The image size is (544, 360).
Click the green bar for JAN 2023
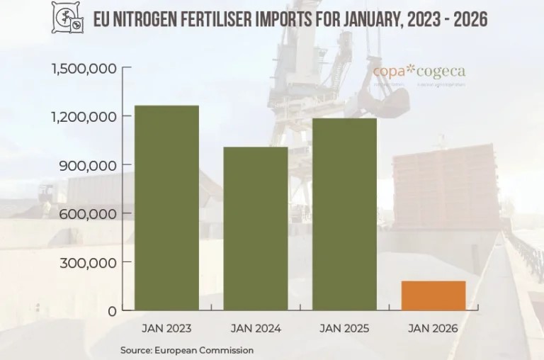166,208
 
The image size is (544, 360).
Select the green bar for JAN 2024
256,228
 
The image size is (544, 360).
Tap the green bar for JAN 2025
344,214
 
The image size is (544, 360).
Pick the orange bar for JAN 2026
433,296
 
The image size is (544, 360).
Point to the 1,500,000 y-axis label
84,68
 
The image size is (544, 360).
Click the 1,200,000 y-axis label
84,116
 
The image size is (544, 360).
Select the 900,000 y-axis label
90,165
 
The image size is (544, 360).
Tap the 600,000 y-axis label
90,213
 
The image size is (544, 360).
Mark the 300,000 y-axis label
90,262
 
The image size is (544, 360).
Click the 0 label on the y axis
111,311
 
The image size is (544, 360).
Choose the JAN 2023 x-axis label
166,329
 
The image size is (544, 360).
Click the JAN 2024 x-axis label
256,329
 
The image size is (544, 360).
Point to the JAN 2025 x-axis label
344,329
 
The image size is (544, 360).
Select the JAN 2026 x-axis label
433,329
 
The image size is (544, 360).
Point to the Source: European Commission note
187,350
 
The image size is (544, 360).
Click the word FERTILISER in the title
232,18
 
